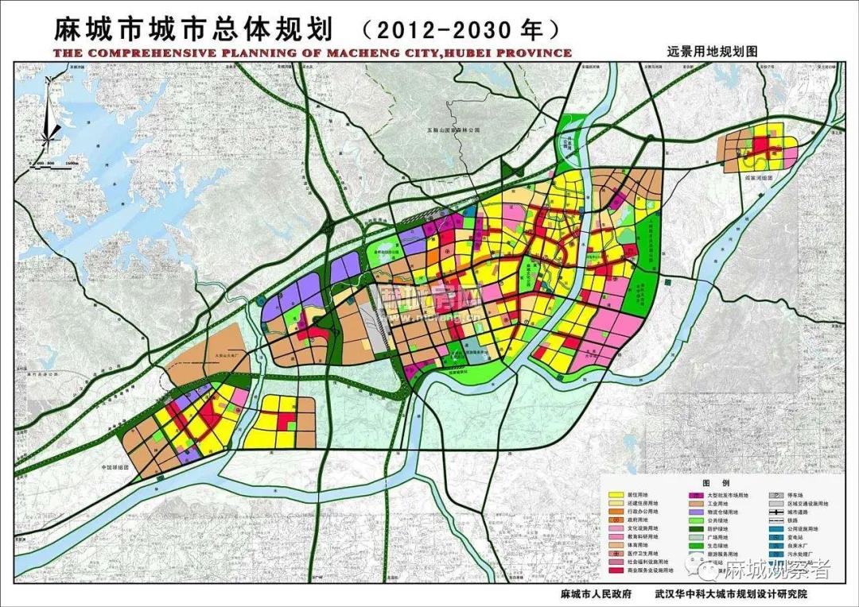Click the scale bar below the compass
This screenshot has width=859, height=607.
tap(56, 161)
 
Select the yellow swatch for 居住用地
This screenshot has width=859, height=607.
tap(615, 495)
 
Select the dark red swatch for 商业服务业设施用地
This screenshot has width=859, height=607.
tap(615, 570)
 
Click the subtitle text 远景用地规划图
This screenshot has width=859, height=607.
tap(712, 49)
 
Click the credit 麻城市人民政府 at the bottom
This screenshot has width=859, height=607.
tap(596, 593)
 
